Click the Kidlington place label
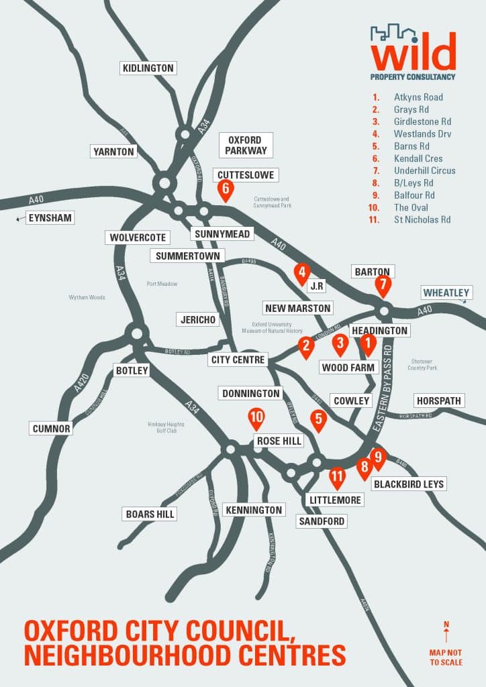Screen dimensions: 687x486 (148, 68)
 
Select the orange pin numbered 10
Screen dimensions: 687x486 (256, 417)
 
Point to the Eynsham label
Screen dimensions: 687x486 (50, 217)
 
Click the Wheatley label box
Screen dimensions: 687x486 (446, 293)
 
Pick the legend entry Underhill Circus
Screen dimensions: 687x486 (424, 170)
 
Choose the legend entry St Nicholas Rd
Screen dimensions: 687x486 (422, 219)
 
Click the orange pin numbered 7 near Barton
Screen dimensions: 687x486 (383, 284)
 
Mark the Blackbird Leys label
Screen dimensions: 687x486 (409, 484)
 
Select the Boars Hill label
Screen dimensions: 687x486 (150, 514)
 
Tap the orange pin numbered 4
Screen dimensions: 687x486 (303, 272)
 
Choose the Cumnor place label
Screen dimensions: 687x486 (51, 428)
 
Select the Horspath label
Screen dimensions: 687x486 (439, 401)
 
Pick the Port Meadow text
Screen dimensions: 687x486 (162, 284)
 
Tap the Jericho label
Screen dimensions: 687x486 (198, 319)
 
